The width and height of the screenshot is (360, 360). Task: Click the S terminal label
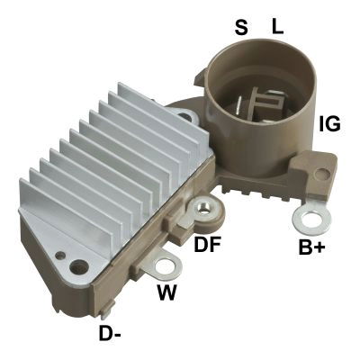pyautogui.click(x=241, y=28)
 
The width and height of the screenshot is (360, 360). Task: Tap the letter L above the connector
pyautogui.click(x=277, y=28)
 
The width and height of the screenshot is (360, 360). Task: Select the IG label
pyautogui.click(x=330, y=123)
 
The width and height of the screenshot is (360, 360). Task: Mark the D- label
pyautogui.click(x=111, y=335)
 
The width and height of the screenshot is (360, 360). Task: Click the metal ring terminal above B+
pyautogui.click(x=310, y=218)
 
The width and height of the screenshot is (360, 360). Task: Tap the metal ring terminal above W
pyautogui.click(x=166, y=265)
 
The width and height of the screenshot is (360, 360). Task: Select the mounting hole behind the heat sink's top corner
pyautogui.click(x=186, y=115)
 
